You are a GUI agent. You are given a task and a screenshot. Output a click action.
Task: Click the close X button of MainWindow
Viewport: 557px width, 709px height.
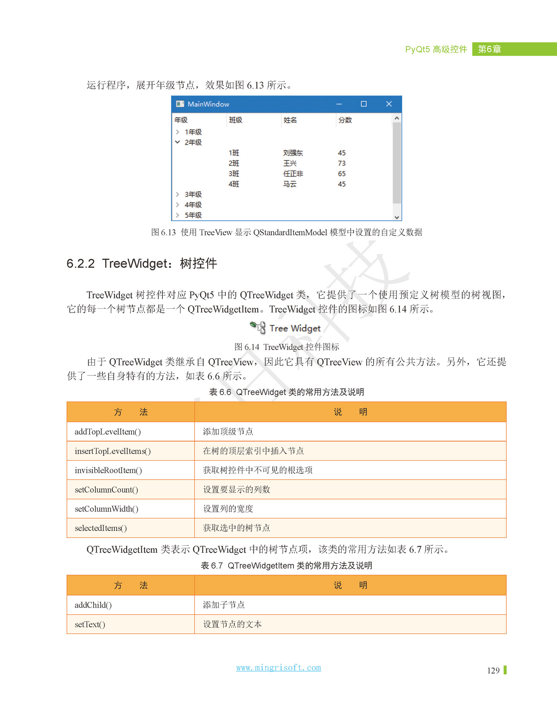389,104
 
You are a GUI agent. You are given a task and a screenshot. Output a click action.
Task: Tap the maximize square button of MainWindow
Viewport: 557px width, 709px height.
364,104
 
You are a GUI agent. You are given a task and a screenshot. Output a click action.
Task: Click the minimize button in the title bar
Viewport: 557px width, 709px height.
339,104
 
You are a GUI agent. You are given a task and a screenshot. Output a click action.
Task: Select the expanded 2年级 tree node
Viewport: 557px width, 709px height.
193,142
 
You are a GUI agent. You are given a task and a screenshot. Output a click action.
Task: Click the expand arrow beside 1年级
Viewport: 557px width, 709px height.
178,132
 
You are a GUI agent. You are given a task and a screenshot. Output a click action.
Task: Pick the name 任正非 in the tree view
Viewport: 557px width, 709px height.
293,174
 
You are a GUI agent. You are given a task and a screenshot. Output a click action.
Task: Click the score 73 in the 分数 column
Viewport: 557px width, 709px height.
342,163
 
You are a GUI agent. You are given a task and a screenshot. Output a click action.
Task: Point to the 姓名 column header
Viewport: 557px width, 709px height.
290,120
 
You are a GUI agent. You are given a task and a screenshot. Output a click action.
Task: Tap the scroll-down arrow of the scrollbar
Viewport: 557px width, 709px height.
396,217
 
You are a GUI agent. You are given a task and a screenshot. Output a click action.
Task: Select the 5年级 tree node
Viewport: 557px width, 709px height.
193,215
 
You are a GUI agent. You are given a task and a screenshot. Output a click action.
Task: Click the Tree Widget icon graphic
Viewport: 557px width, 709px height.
258,327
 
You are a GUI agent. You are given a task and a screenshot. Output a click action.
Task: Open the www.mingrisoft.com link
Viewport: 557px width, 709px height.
278,668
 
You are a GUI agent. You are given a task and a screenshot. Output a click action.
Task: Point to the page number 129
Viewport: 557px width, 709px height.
493,670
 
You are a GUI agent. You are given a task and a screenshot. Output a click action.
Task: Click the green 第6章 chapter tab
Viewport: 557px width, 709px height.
490,49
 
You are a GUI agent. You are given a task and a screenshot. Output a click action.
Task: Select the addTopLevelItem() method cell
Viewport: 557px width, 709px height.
108,432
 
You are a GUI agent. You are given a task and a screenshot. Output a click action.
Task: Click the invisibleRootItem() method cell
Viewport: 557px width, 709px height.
108,470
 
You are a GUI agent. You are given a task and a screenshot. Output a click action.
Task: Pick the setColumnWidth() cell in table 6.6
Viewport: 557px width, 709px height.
106,509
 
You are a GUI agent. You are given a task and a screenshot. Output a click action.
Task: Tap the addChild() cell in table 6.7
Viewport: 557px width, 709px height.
93,605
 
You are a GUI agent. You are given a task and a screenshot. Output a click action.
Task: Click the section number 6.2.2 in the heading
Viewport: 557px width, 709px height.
80,264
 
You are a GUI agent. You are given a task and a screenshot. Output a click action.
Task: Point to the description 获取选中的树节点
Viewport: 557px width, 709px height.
236,528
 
